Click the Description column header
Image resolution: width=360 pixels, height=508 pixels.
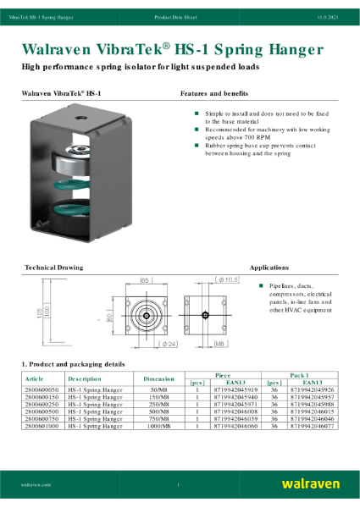(85, 378)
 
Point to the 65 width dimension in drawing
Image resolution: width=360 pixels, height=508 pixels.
(145, 279)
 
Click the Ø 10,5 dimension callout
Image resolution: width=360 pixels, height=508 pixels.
(230, 279)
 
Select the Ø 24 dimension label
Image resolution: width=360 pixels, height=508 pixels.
(145, 345)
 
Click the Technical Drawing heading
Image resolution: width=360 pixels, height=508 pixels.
(53, 268)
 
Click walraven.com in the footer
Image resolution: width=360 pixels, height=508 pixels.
(38, 484)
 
